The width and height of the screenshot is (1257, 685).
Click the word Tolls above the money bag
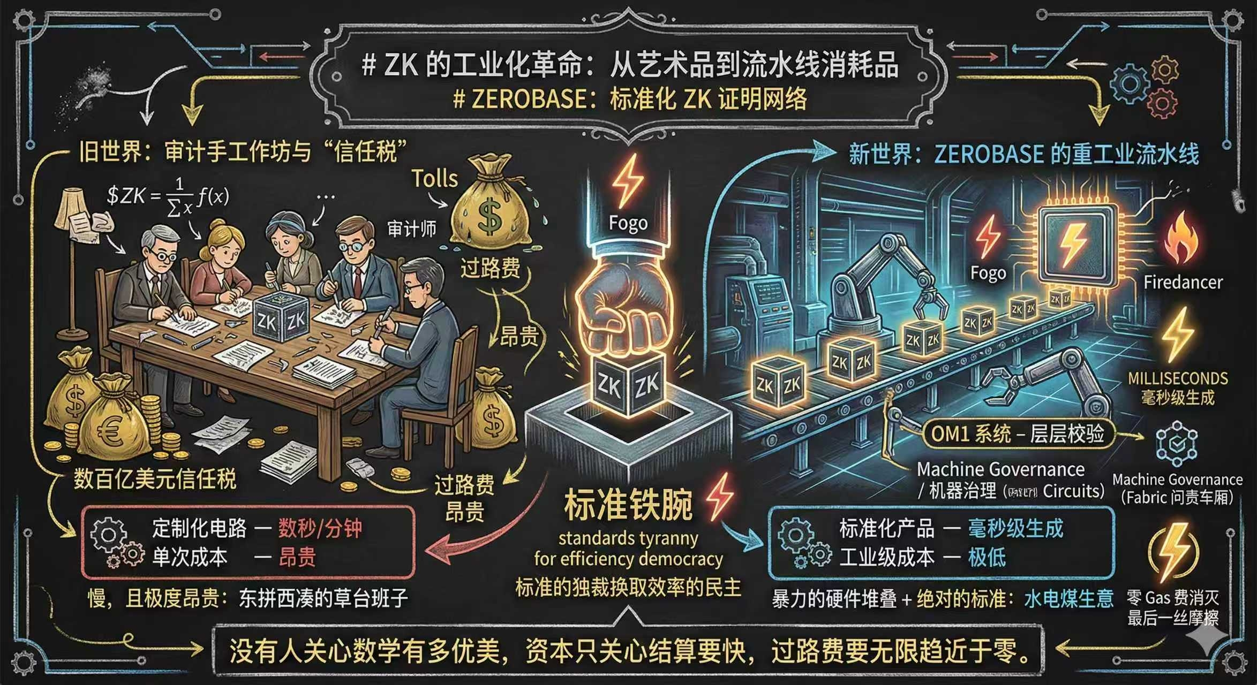[x=434, y=178]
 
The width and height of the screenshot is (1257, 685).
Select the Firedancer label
[x=1183, y=282]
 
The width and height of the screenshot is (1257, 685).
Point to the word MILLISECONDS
[x=1177, y=378]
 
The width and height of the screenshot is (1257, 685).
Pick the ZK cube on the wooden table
[x=280, y=316]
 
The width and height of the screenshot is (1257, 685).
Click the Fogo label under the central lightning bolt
[x=628, y=223]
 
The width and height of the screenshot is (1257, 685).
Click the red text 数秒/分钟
[x=320, y=529]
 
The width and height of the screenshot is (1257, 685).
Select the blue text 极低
[x=987, y=558]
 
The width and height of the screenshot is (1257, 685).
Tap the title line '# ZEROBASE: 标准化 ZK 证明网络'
[x=629, y=100]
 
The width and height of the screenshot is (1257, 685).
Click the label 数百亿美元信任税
[x=155, y=478]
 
